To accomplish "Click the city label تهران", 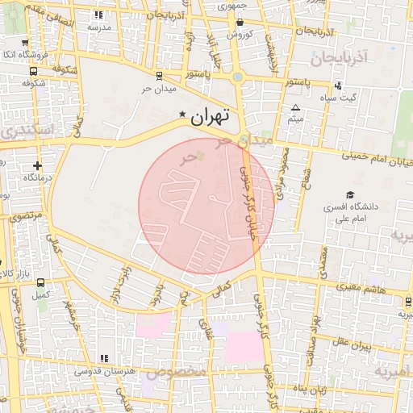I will pyautogui.click(x=211, y=116).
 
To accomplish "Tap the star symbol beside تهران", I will pyautogui.click(x=182, y=115).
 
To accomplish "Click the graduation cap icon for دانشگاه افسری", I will pyautogui.click(x=349, y=194).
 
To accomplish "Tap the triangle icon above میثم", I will pyautogui.click(x=295, y=107).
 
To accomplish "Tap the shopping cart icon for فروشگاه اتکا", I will pyautogui.click(x=25, y=43).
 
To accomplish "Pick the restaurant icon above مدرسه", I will pyautogui.click(x=98, y=15).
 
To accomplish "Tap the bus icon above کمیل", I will pyautogui.click(x=40, y=284).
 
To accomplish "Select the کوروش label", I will pyautogui.click(x=240, y=35).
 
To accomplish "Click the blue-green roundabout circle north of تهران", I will pyautogui.click(x=238, y=78).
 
